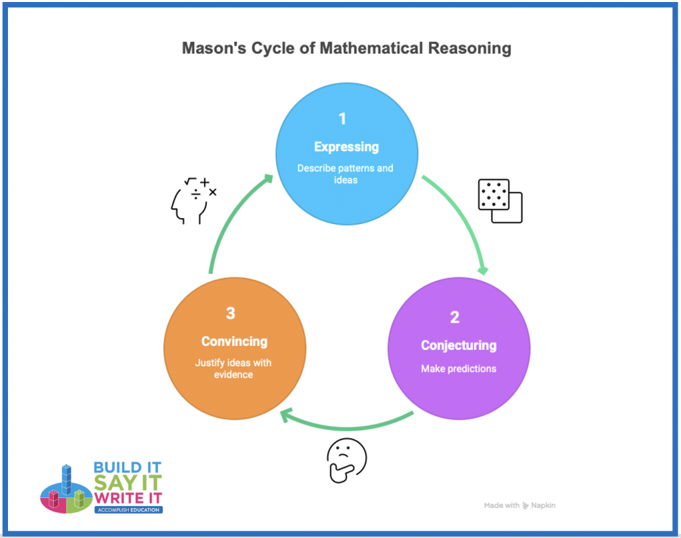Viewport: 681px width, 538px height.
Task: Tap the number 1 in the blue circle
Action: click(342, 119)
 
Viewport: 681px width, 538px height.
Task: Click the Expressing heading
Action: click(346, 147)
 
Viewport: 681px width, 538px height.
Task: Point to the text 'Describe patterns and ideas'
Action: click(345, 174)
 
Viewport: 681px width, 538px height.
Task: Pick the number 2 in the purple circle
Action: click(455, 317)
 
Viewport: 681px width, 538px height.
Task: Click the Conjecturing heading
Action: click(458, 345)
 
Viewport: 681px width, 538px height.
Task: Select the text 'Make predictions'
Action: click(458, 368)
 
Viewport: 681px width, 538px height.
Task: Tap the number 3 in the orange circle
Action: click(231, 313)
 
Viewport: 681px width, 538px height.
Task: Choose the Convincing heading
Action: click(234, 341)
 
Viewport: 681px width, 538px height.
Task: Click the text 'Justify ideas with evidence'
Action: click(233, 369)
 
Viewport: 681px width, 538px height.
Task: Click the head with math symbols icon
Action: click(192, 199)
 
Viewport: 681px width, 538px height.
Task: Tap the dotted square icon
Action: click(500, 200)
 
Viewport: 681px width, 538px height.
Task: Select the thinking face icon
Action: click(346, 460)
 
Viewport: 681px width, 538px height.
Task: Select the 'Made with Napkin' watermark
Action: click(519, 505)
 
